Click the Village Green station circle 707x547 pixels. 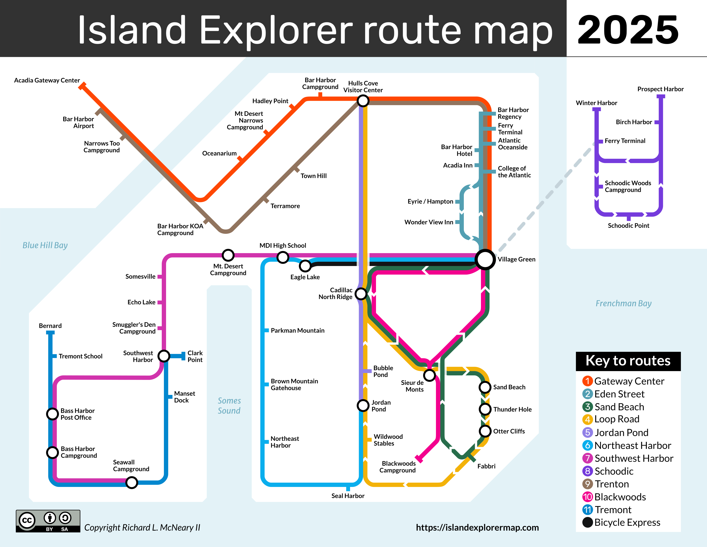(x=485, y=259)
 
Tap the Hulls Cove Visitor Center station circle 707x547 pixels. (x=363, y=101)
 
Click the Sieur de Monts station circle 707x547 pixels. (x=429, y=375)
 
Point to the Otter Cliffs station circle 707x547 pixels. (x=485, y=431)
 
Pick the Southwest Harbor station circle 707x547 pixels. (x=164, y=356)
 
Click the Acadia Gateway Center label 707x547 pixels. (x=47, y=80)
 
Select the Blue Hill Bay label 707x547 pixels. (x=45, y=245)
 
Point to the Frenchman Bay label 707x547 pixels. (x=623, y=303)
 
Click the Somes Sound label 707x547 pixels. (x=229, y=406)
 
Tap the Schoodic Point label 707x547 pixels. (x=628, y=225)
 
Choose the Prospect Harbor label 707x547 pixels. (x=660, y=89)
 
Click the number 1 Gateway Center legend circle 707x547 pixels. (x=587, y=381)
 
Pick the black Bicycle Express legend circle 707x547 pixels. (x=587, y=522)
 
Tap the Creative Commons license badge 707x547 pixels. (x=48, y=521)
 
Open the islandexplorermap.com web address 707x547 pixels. (x=477, y=527)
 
